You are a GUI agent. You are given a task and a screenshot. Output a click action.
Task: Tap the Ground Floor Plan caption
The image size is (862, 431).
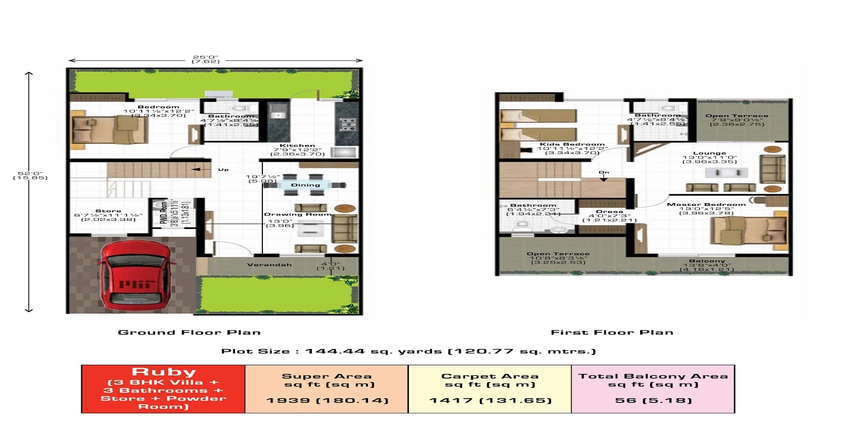pos(189,332)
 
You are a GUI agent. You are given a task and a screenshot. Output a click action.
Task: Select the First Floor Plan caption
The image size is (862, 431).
pos(612,332)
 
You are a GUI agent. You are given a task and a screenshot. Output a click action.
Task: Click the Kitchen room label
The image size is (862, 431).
pos(297,145)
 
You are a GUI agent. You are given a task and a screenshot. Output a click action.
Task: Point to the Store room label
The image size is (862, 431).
pos(108,211)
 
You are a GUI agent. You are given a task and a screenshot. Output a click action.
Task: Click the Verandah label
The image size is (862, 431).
pos(269,265)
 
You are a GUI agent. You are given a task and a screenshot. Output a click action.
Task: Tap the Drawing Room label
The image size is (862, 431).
pos(297,214)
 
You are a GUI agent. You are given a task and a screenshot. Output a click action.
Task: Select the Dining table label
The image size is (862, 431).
pos(305,185)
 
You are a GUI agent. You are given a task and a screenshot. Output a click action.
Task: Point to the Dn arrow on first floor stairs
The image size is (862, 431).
pos(604,176)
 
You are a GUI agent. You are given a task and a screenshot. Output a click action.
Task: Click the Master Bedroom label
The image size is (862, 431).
pos(706,204)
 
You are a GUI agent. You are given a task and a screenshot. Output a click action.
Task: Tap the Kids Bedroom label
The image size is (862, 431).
pos(572,144)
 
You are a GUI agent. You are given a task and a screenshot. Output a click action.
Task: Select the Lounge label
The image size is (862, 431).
pos(710,154)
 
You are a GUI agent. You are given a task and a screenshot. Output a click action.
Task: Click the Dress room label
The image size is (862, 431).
pos(609,212)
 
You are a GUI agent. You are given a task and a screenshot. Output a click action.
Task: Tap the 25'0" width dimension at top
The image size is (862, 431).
pos(206,57)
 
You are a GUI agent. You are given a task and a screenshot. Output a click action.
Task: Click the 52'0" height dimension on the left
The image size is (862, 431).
pos(30,174)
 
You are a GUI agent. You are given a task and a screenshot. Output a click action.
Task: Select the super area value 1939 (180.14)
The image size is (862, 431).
pos(327,400)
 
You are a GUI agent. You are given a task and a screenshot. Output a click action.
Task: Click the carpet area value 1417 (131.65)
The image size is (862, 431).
pos(490,400)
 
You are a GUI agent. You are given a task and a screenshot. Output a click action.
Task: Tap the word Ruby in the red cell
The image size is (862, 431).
pos(164,372)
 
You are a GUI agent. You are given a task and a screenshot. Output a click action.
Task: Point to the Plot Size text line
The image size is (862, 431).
pos(408,351)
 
